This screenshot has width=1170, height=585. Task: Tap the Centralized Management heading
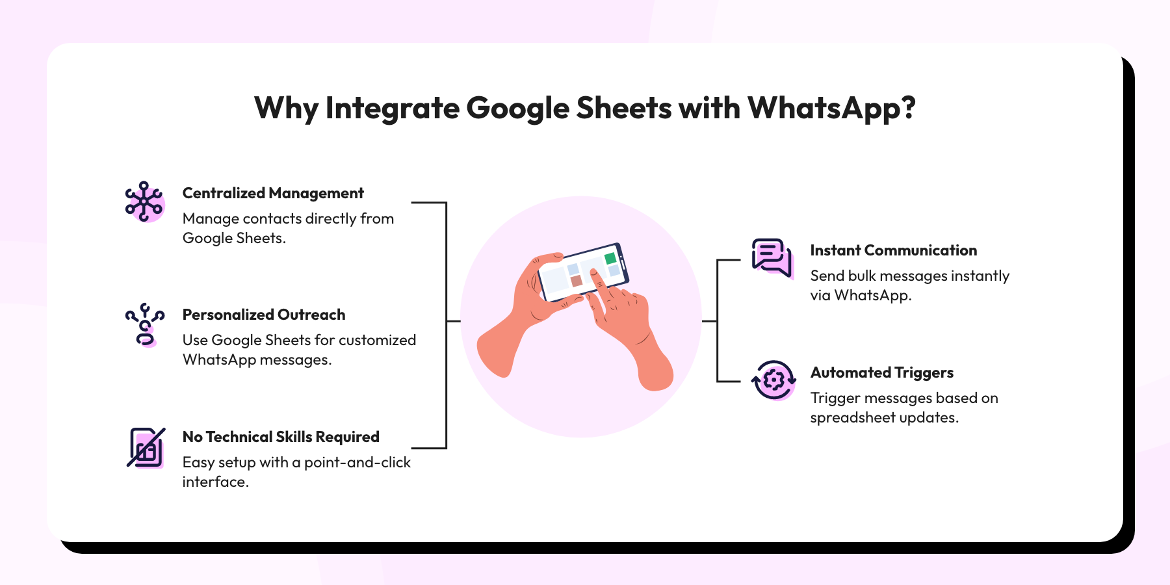pos(273,193)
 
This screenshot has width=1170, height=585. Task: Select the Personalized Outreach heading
pos(264,315)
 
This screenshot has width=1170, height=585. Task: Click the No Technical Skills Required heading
pos(281,437)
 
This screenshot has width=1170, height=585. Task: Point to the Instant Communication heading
pos(893,250)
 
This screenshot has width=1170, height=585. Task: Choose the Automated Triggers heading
pos(881,372)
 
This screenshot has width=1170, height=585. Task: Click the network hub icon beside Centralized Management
pos(144,201)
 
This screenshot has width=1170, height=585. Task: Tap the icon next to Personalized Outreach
pos(144,324)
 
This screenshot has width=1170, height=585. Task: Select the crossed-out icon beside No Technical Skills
pos(146,447)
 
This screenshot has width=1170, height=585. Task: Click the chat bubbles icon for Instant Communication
pos(772,257)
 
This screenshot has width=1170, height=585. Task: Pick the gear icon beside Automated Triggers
pos(773,380)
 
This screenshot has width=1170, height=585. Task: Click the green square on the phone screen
pos(610,258)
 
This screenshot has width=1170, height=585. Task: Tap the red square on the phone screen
pos(576,281)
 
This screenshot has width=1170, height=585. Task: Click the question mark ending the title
pos(908,109)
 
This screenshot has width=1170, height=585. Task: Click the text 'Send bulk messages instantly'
pos(909,276)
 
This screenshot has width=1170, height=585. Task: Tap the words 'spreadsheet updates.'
pos(884,417)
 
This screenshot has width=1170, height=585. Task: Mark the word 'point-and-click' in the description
pos(357,462)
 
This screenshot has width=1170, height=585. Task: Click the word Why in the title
pos(286,109)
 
